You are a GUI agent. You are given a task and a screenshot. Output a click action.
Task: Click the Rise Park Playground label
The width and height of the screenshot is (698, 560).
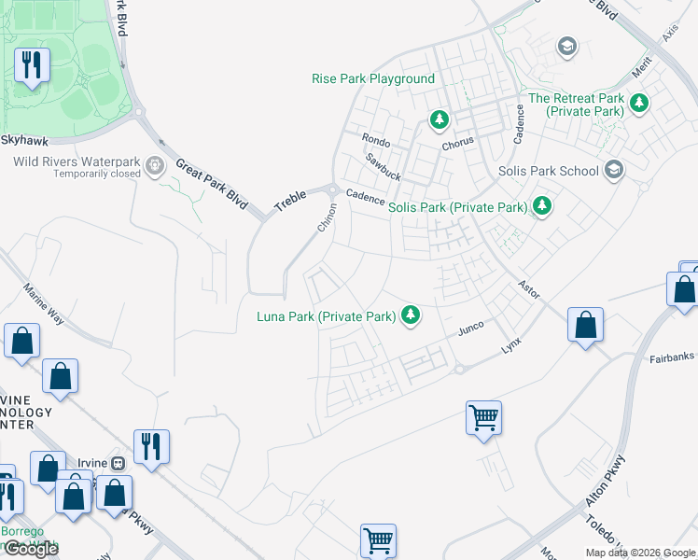point(373,79)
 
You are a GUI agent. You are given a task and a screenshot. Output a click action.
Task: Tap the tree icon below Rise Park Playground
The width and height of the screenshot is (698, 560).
point(439,119)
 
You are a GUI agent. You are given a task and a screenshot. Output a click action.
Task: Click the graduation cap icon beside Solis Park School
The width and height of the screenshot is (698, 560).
point(614,170)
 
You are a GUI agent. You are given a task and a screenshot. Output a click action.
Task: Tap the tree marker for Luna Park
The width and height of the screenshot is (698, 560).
point(410,316)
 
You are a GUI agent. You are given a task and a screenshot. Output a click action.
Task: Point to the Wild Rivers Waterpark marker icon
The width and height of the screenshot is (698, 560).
point(155,167)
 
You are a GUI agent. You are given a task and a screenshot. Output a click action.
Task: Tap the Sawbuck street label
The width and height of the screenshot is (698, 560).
point(383,167)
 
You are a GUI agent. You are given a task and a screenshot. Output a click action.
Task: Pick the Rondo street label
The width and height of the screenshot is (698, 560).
point(375,141)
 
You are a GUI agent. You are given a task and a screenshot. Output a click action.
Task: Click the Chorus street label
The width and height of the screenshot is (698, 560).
point(458,142)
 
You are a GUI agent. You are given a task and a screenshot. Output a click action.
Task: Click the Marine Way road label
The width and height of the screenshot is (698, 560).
point(43,303)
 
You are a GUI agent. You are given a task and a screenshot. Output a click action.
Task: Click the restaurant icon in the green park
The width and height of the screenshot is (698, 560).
point(32,64)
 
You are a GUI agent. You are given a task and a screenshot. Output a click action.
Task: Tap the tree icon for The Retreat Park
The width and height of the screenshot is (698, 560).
point(639,103)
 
